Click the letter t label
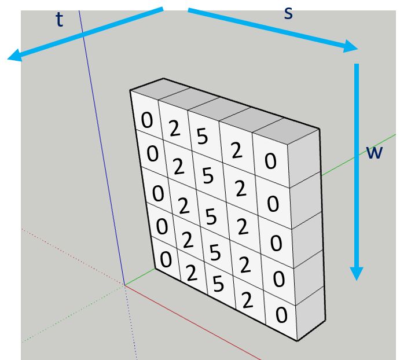pyautogui.click(x=59, y=20)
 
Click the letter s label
pyautogui.click(x=288, y=13)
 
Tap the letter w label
pyautogui.click(x=374, y=153)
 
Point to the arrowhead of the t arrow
pyautogui.click(x=15, y=56)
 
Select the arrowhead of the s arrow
pyautogui.click(x=351, y=47)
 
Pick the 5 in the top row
pyautogui.click(x=202, y=136)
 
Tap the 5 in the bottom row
pyautogui.click(x=218, y=284)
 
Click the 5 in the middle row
pyautogui.click(x=211, y=216)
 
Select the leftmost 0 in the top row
pyautogui.click(x=147, y=120)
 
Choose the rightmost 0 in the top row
pyautogui.click(x=270, y=161)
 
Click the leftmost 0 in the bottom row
pyautogui.click(x=166, y=259)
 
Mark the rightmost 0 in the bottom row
pyautogui.click(x=281, y=315)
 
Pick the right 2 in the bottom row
pyautogui.click(x=247, y=300)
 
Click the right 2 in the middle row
pyautogui.click(x=243, y=226)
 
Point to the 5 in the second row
pyautogui.click(x=208, y=175)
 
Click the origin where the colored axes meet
pyautogui.click(x=124, y=285)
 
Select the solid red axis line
pyautogui.click(x=193, y=322)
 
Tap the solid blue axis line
pyautogui.click(x=101, y=148)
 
